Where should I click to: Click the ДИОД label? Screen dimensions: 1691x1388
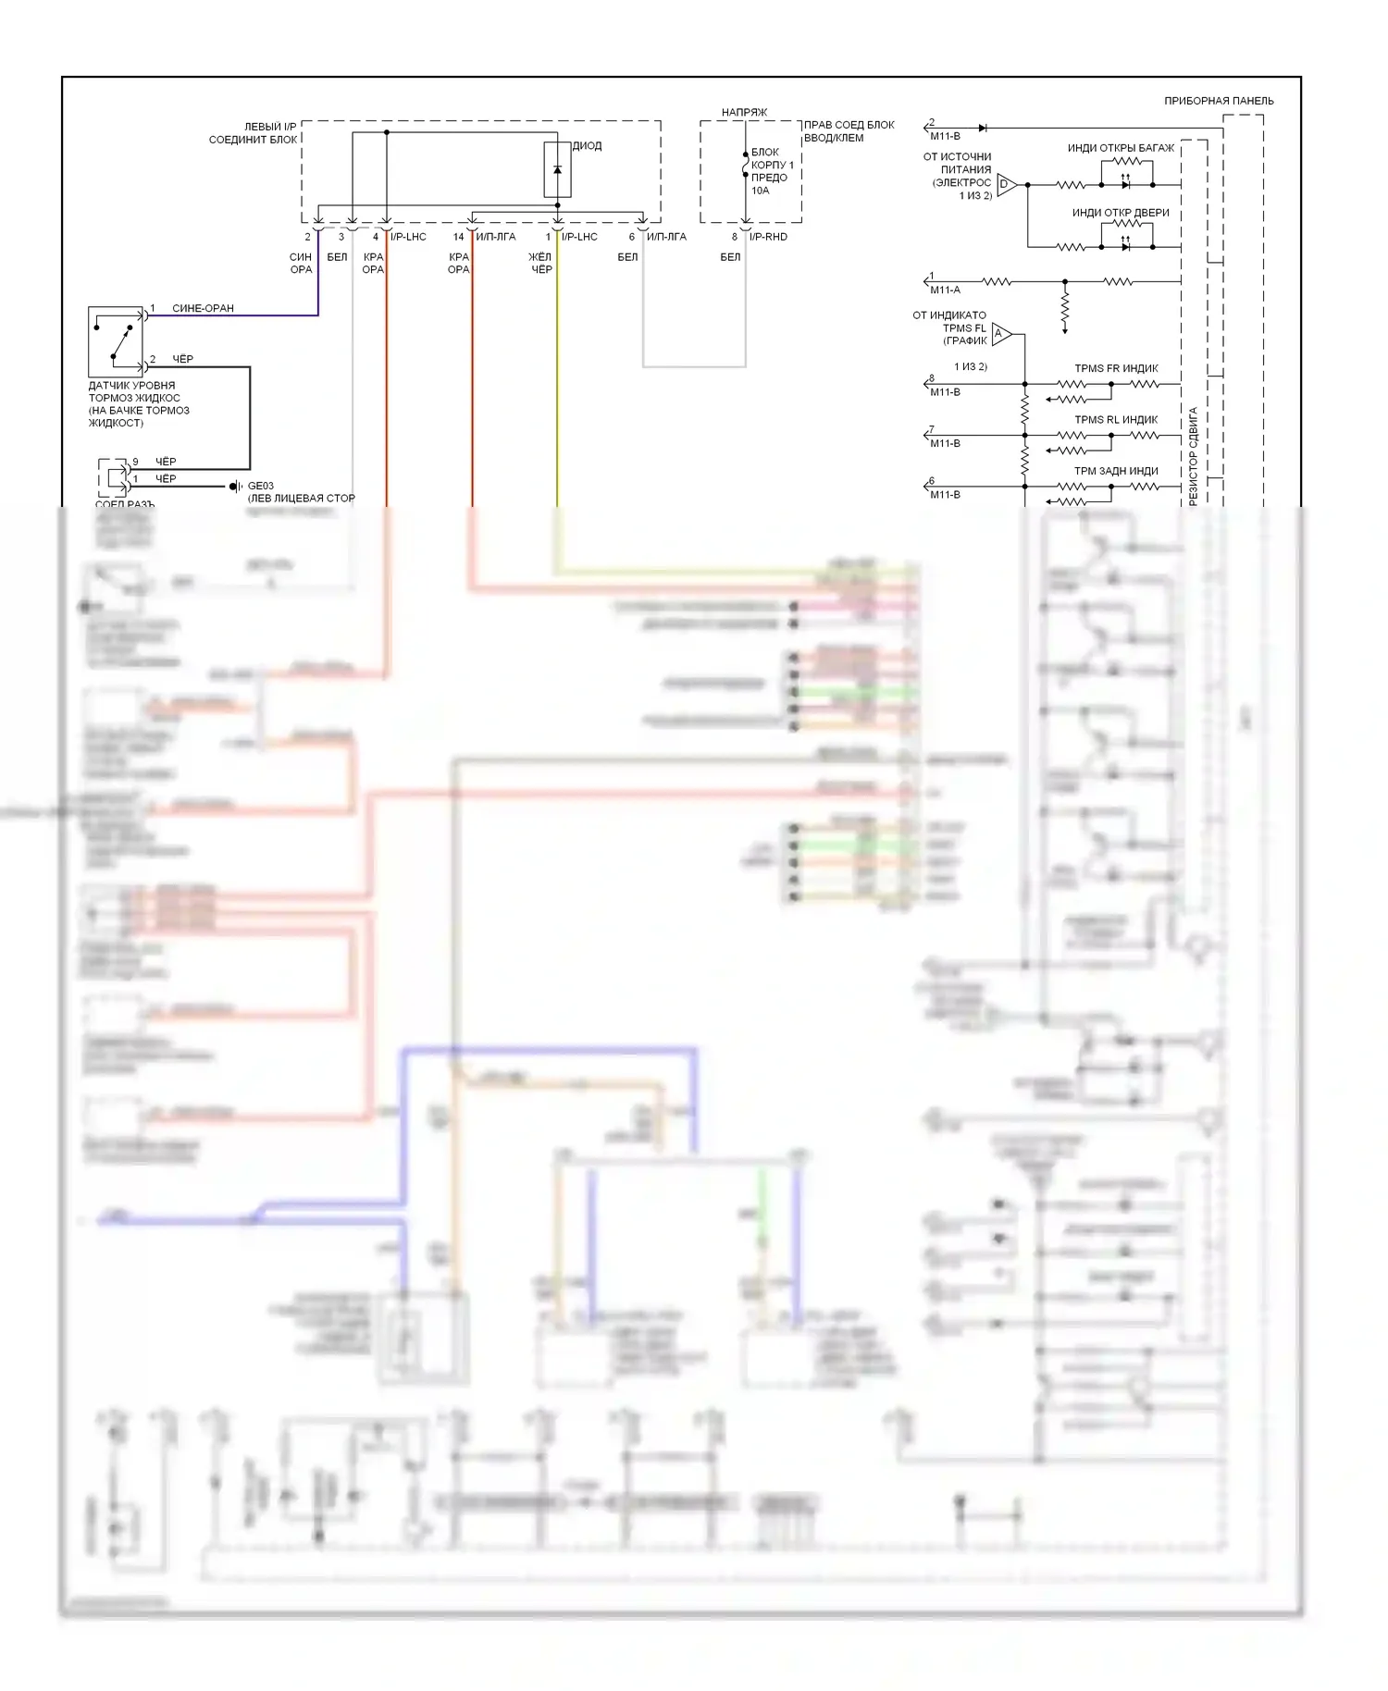[587, 146]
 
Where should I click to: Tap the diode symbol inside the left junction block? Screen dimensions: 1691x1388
[557, 170]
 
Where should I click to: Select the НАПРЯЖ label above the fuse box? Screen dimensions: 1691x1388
[744, 113]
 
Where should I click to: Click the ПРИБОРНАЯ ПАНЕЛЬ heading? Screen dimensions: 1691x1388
[1219, 101]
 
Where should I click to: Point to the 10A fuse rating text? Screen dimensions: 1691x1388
[760, 191]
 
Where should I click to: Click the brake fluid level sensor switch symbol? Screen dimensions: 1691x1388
[117, 339]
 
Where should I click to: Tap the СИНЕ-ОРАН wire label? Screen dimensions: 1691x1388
[203, 308]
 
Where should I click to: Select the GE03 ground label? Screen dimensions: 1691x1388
[260, 486]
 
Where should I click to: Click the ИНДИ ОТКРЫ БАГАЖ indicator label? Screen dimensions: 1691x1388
[1121, 148]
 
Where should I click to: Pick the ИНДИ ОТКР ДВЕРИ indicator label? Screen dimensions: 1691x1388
[1121, 213]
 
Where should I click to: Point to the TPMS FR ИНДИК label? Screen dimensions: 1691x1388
[1116, 368]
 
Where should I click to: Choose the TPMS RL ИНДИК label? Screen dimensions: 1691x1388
[1116, 420]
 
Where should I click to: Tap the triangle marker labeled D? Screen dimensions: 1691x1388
[1006, 184]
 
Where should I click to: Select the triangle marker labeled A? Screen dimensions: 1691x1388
[1000, 333]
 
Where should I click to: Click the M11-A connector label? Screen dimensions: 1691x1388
[945, 290]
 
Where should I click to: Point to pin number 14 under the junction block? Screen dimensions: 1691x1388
[458, 237]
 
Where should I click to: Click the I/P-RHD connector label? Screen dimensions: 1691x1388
[768, 237]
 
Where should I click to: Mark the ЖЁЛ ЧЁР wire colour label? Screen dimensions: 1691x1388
[540, 264]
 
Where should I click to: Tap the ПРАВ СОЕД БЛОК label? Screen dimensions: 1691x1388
[849, 125]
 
